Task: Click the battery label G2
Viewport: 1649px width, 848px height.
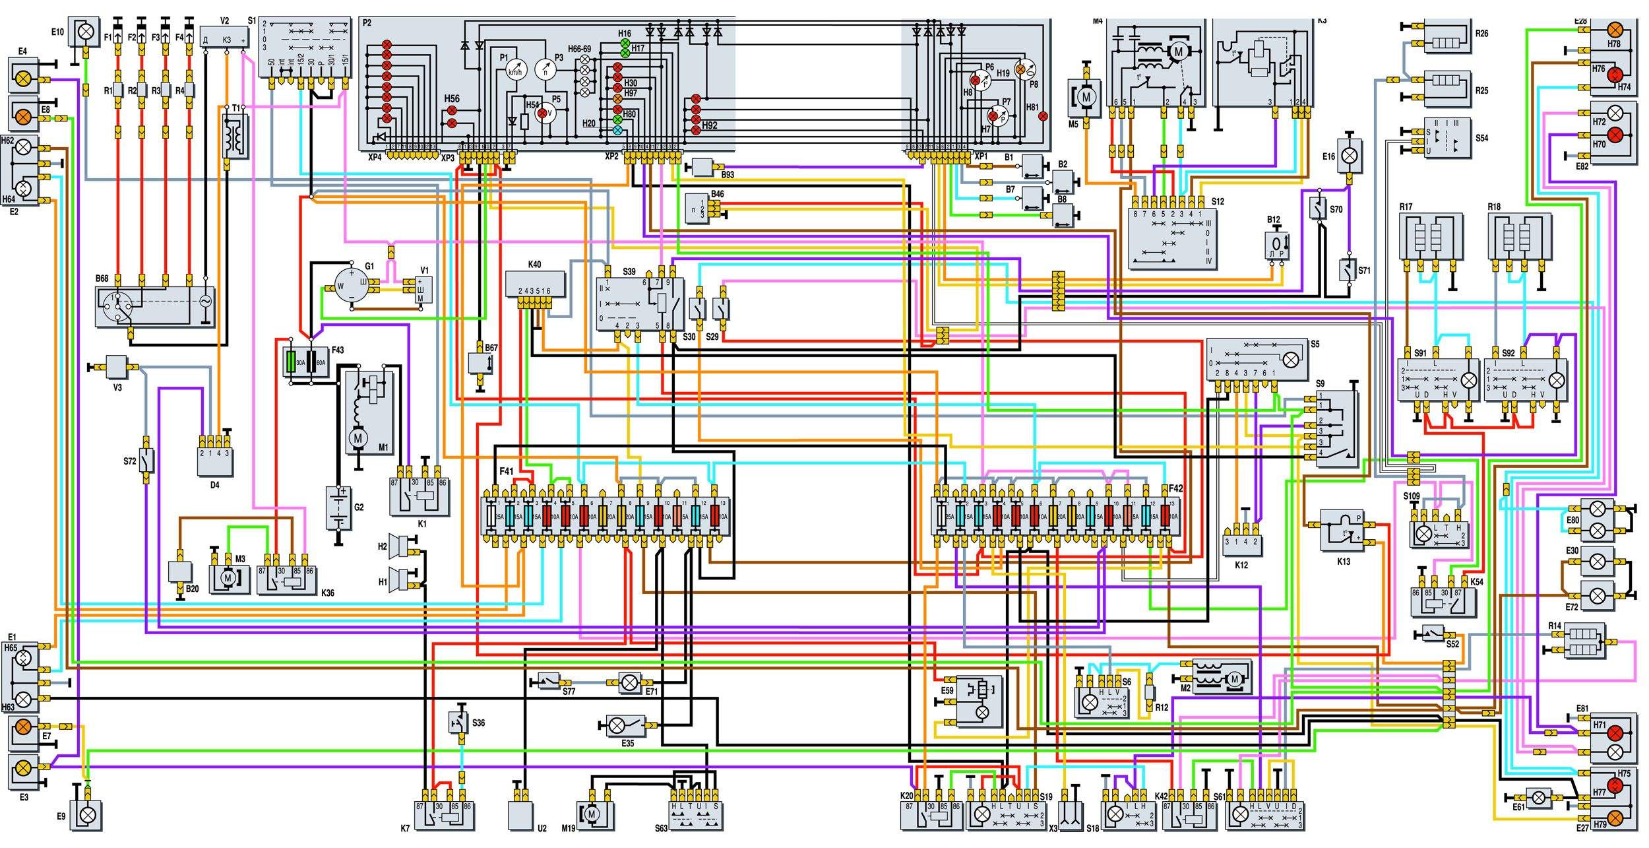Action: pyautogui.click(x=359, y=507)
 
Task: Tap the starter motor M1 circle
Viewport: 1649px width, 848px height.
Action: pyautogui.click(x=359, y=438)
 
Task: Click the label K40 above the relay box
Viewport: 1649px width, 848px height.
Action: pyautogui.click(x=534, y=265)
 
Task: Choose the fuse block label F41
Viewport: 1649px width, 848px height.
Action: pyautogui.click(x=506, y=472)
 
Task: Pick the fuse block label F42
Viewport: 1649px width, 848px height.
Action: pyautogui.click(x=1176, y=489)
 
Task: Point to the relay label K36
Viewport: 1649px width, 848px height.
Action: pyautogui.click(x=328, y=593)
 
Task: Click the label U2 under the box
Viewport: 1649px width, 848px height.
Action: pyautogui.click(x=542, y=828)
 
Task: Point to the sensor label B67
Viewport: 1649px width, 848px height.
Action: pyautogui.click(x=491, y=348)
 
